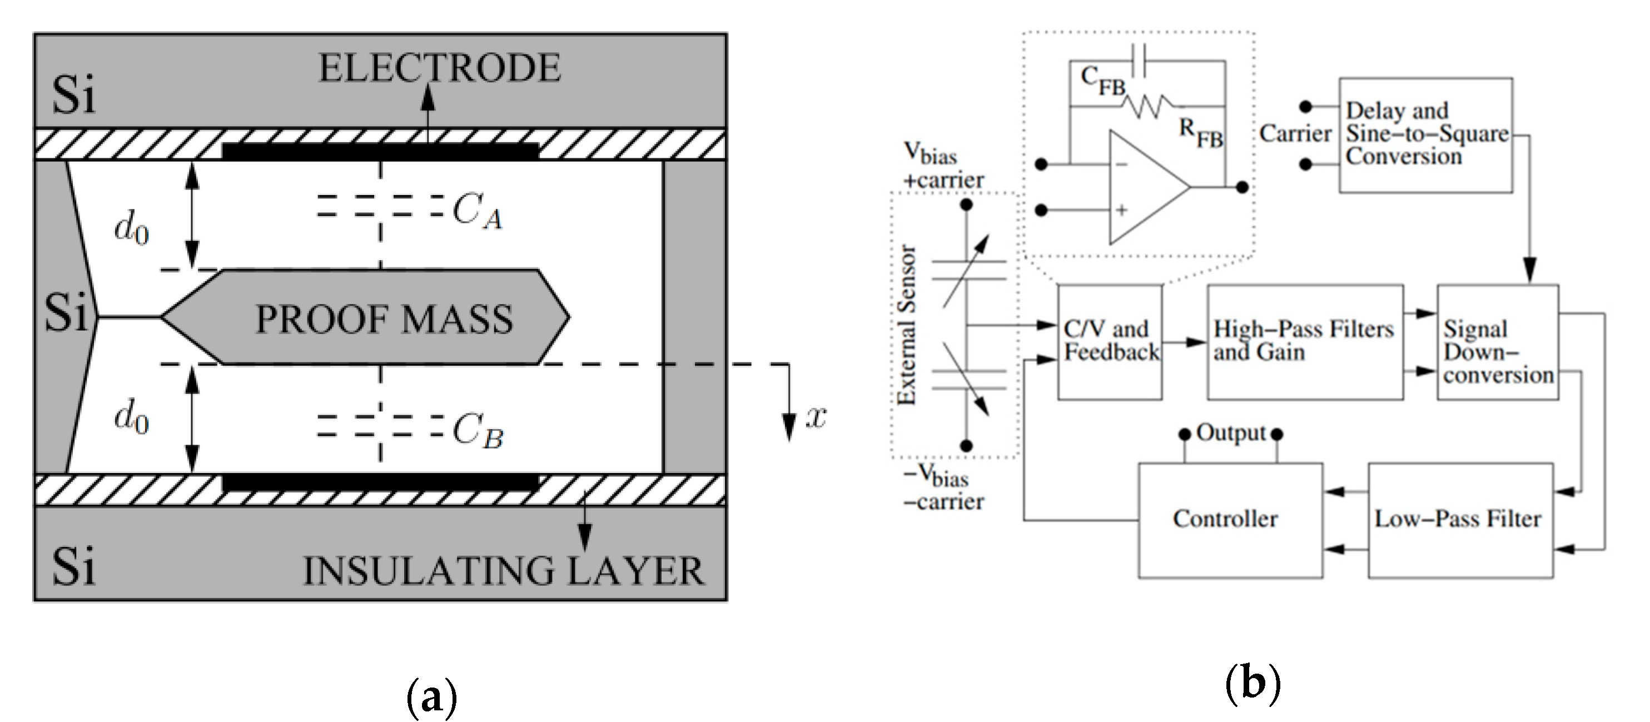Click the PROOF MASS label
(384, 319)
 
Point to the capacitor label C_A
(477, 211)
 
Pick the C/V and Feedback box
(1110, 341)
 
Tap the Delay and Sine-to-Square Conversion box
(1426, 135)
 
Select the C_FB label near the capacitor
(1102, 81)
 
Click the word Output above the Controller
(1230, 433)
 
